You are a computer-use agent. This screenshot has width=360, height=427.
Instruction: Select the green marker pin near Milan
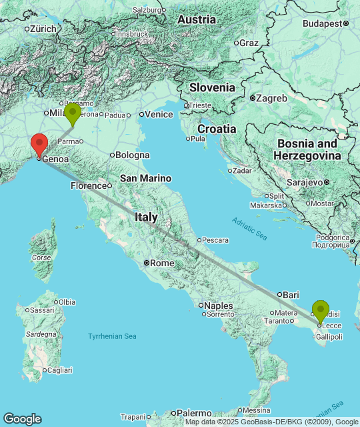(x=72, y=113)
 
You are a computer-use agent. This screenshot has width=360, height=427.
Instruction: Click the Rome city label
(x=163, y=264)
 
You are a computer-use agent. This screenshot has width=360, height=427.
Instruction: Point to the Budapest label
(x=322, y=23)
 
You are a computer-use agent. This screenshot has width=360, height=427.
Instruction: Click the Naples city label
(x=219, y=306)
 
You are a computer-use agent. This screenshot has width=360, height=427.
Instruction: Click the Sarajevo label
(x=305, y=181)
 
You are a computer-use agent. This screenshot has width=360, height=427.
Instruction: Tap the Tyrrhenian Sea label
(x=112, y=336)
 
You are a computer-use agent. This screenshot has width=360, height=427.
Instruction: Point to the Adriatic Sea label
(x=249, y=229)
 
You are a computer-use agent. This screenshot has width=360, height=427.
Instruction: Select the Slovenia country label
(x=212, y=87)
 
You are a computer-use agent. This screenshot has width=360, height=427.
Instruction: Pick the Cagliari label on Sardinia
(x=60, y=370)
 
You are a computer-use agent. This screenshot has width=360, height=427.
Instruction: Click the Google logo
(x=22, y=418)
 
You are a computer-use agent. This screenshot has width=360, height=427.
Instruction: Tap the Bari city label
(x=291, y=294)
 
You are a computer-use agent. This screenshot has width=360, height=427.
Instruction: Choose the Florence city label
(x=89, y=185)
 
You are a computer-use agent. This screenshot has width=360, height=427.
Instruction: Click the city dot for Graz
(x=236, y=43)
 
